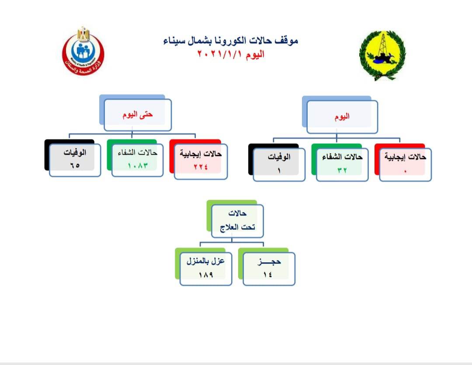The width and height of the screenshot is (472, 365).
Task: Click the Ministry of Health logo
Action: (x=83, y=51)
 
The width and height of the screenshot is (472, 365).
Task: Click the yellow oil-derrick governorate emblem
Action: (x=382, y=55)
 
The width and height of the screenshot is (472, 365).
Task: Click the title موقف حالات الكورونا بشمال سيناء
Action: (x=231, y=41)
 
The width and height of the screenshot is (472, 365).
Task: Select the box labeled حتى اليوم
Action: (x=138, y=115)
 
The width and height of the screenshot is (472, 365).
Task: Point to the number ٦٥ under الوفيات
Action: (x=75, y=165)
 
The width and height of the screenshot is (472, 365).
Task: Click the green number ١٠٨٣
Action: (x=138, y=166)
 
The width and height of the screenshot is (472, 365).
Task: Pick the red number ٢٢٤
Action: (x=201, y=167)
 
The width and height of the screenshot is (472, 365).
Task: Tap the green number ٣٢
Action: (x=342, y=170)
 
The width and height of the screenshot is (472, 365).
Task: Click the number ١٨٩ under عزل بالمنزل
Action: (x=206, y=275)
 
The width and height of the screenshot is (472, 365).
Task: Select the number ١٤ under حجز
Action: (x=267, y=275)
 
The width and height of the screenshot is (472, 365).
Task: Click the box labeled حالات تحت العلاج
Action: (x=237, y=221)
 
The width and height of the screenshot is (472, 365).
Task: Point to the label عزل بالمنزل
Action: (x=205, y=261)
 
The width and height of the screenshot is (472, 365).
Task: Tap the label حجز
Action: (x=269, y=262)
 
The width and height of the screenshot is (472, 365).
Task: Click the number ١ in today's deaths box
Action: (x=279, y=171)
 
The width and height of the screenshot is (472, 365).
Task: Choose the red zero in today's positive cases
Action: (x=405, y=171)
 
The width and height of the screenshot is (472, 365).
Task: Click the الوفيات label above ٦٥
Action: (x=75, y=153)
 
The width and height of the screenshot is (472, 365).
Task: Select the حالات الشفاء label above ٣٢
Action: (x=342, y=157)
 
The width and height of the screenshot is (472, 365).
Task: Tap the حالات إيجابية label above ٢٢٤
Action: (x=201, y=154)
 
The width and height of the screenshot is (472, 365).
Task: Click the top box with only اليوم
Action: (x=342, y=117)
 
